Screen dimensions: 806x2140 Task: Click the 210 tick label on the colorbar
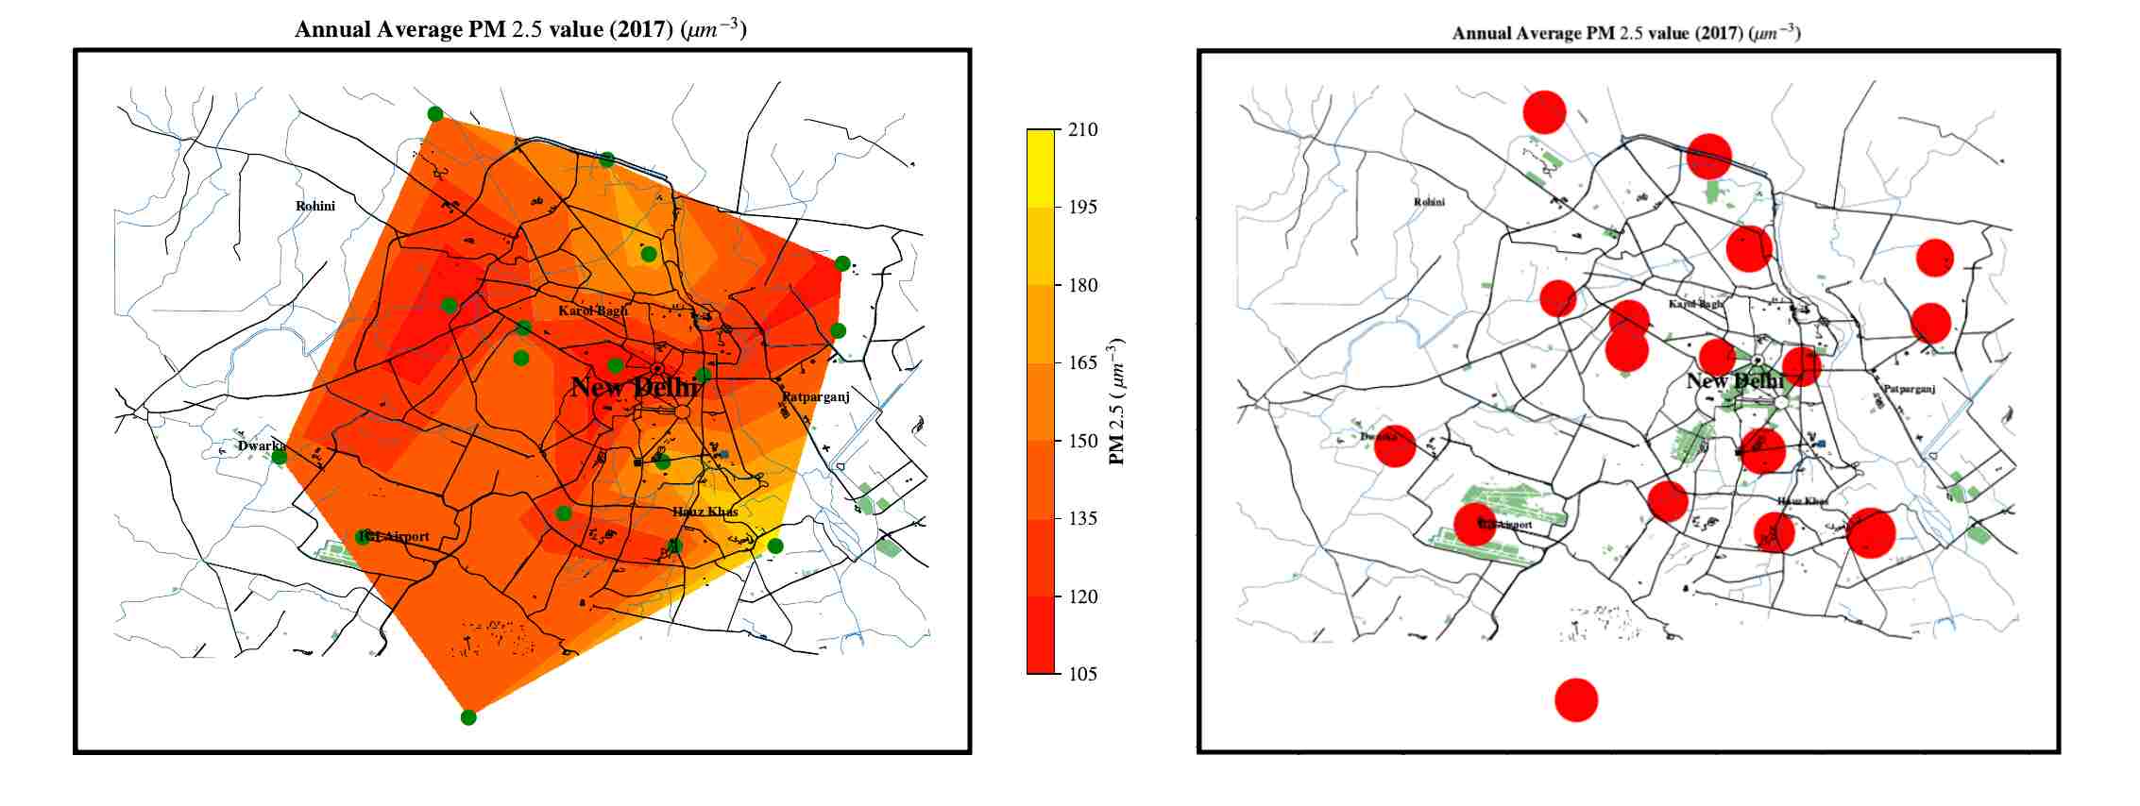(1081, 129)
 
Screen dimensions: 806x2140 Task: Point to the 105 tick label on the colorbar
(1081, 674)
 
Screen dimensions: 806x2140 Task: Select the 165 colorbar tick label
(1081, 362)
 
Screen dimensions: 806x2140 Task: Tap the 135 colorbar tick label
(1081, 518)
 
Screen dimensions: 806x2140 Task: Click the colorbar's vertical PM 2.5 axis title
(1117, 401)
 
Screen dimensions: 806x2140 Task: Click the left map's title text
(520, 29)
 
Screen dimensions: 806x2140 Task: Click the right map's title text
(1625, 33)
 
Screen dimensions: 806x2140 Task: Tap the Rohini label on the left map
(314, 206)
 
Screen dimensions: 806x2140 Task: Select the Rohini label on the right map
(1429, 202)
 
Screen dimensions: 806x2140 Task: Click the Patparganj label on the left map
(816, 397)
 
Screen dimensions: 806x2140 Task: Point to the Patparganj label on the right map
(1910, 389)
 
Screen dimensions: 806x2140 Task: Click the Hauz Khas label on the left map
(705, 512)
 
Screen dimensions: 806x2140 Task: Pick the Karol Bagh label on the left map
(592, 311)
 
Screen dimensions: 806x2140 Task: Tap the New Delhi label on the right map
(1735, 381)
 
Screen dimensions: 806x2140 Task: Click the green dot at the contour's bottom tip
(468, 717)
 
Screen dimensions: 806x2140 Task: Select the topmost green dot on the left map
(435, 114)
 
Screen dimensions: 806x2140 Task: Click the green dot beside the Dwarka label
(280, 458)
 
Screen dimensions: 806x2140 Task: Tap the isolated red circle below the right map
(1576, 700)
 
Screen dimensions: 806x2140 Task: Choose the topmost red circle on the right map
(1544, 112)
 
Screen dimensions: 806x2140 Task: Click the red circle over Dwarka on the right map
(1395, 445)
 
